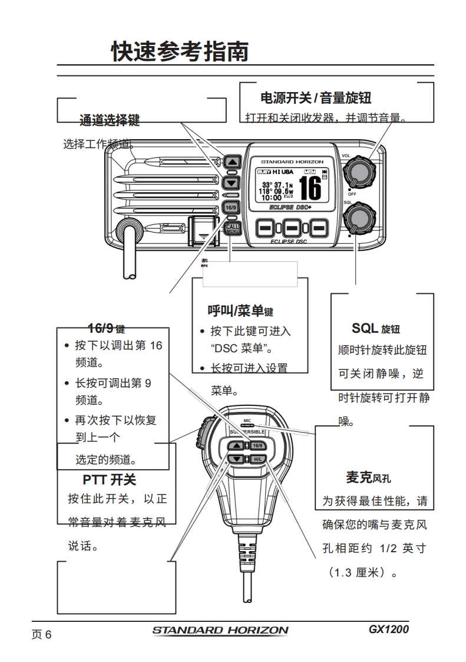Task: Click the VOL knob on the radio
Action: pos(359,171)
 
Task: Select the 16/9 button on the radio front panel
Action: pos(231,208)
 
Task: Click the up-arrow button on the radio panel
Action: pos(232,162)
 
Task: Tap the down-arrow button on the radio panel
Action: pos(232,182)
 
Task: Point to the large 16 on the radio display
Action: pos(310,188)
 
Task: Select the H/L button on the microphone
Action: pos(257,458)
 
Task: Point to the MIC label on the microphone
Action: pos(247,421)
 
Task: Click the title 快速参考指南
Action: pos(180,52)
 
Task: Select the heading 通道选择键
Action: pos(110,121)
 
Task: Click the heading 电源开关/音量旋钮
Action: pos(315,97)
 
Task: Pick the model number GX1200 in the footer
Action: pos(388,629)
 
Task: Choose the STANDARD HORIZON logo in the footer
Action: pos(220,630)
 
